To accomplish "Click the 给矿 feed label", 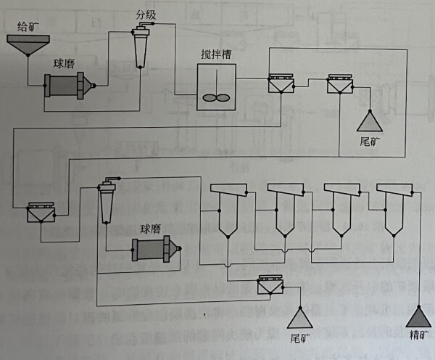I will tap(28, 25).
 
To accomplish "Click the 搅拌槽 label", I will tap(216, 56).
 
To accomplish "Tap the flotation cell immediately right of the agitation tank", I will tap(280, 85).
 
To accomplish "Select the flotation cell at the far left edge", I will tap(40, 213).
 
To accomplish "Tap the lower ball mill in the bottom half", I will tap(152, 249).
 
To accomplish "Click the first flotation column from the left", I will tap(225, 207).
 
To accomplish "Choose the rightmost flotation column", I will tap(394, 207).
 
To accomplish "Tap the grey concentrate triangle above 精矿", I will tap(418, 317).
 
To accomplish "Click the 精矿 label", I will tap(418, 337).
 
